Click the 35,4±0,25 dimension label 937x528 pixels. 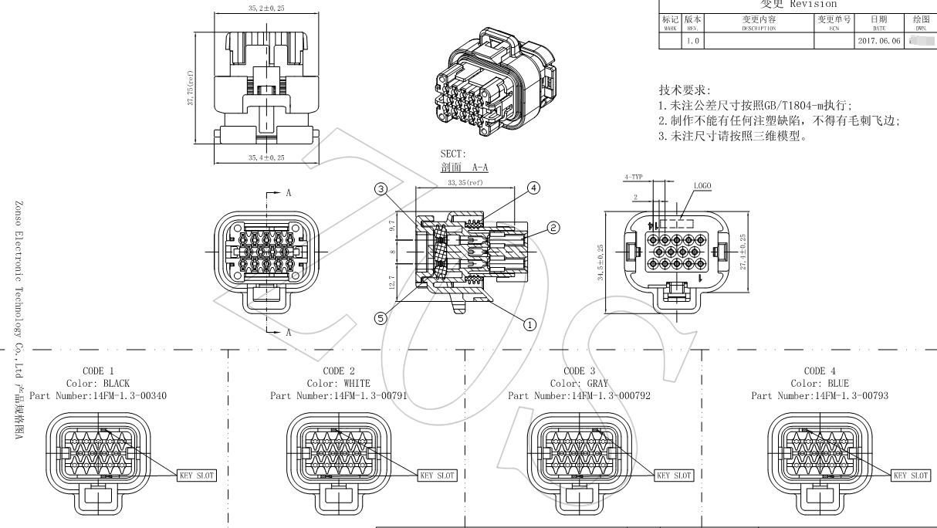266,157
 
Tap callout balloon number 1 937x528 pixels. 529,324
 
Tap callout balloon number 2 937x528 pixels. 553,227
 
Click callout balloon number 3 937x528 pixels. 381,188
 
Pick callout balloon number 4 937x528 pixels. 533,188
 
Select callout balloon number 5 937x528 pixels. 381,318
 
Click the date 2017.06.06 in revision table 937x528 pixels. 878,41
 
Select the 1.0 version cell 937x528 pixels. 692,41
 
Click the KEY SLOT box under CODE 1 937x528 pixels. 197,476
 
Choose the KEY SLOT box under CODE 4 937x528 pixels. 911,476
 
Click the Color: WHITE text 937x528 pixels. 338,384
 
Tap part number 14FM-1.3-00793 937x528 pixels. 820,396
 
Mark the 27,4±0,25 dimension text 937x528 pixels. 742,252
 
